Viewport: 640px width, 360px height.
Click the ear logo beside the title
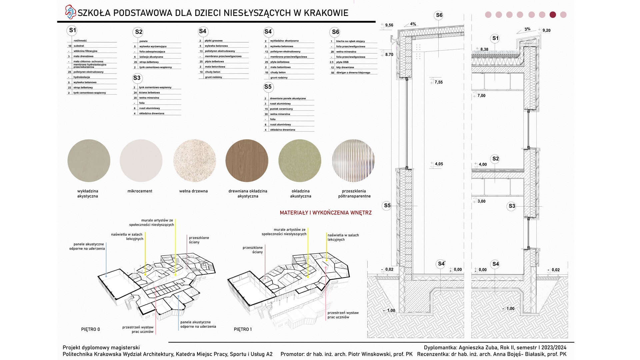70,12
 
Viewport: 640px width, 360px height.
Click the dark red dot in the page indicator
553,15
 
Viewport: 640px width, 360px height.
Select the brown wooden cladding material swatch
247,161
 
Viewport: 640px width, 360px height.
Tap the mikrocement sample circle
141,161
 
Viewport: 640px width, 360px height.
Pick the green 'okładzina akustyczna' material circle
300,161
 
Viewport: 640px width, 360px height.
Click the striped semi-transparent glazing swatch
353,161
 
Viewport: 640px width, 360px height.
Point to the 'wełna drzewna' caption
193,191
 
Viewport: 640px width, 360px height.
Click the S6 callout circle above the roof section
439,15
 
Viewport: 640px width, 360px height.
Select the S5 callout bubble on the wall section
387,205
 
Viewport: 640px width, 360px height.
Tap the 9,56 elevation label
389,25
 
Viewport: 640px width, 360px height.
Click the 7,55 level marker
438,82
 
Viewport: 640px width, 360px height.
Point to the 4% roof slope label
413,24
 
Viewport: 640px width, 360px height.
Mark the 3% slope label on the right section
527,29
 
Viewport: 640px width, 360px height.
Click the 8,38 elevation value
484,49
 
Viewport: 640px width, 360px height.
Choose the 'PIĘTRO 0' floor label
90,329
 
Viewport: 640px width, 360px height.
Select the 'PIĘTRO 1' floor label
243,329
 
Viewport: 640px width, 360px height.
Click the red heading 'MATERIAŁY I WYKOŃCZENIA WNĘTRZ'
325,213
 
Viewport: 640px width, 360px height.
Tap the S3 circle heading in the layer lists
137,78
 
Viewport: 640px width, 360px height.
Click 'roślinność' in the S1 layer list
80,41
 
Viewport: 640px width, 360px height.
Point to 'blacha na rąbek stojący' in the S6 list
350,41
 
